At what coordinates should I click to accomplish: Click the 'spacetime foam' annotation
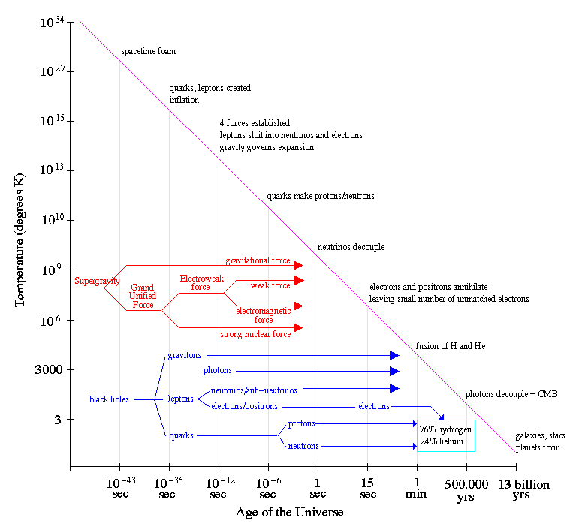click(148, 52)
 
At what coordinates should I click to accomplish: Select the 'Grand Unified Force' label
click(143, 296)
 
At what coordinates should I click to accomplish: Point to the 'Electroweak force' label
click(201, 282)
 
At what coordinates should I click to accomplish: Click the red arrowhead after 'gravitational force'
click(298, 265)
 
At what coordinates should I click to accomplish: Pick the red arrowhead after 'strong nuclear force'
click(298, 327)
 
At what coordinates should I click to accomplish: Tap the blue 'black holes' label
click(110, 399)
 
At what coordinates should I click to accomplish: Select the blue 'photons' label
click(218, 371)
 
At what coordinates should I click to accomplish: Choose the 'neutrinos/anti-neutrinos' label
click(253, 390)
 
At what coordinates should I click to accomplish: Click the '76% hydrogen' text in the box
click(446, 429)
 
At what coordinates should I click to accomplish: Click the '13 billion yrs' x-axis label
click(525, 489)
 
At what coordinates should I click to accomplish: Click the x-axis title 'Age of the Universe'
click(289, 513)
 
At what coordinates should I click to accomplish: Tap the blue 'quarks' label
click(182, 435)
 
